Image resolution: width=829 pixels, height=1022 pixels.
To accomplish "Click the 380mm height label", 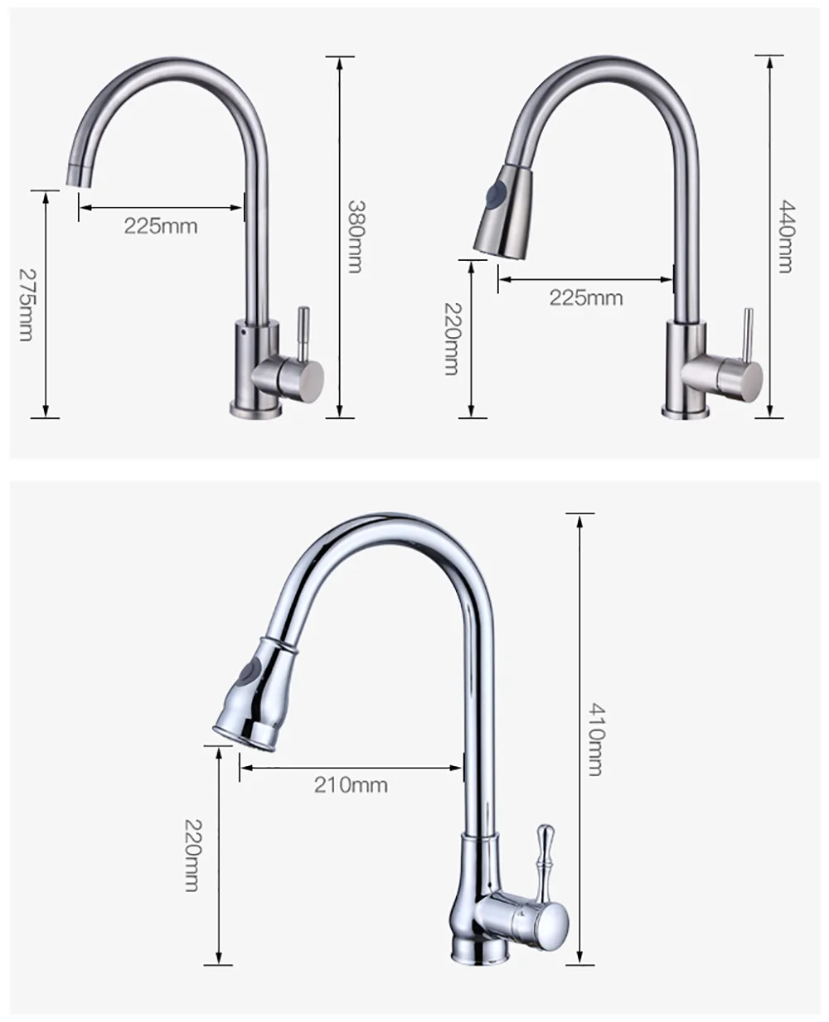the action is coord(356,237).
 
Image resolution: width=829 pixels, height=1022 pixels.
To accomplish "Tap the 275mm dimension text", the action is coord(27,304).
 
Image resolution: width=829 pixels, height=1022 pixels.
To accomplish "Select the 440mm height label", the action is coord(786,237).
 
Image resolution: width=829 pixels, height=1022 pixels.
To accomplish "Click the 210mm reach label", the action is coord(351,785).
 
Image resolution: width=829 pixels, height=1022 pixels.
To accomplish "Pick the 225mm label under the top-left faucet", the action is coord(161,226).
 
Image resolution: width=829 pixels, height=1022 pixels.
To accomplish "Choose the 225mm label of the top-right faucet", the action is coord(586,298).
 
